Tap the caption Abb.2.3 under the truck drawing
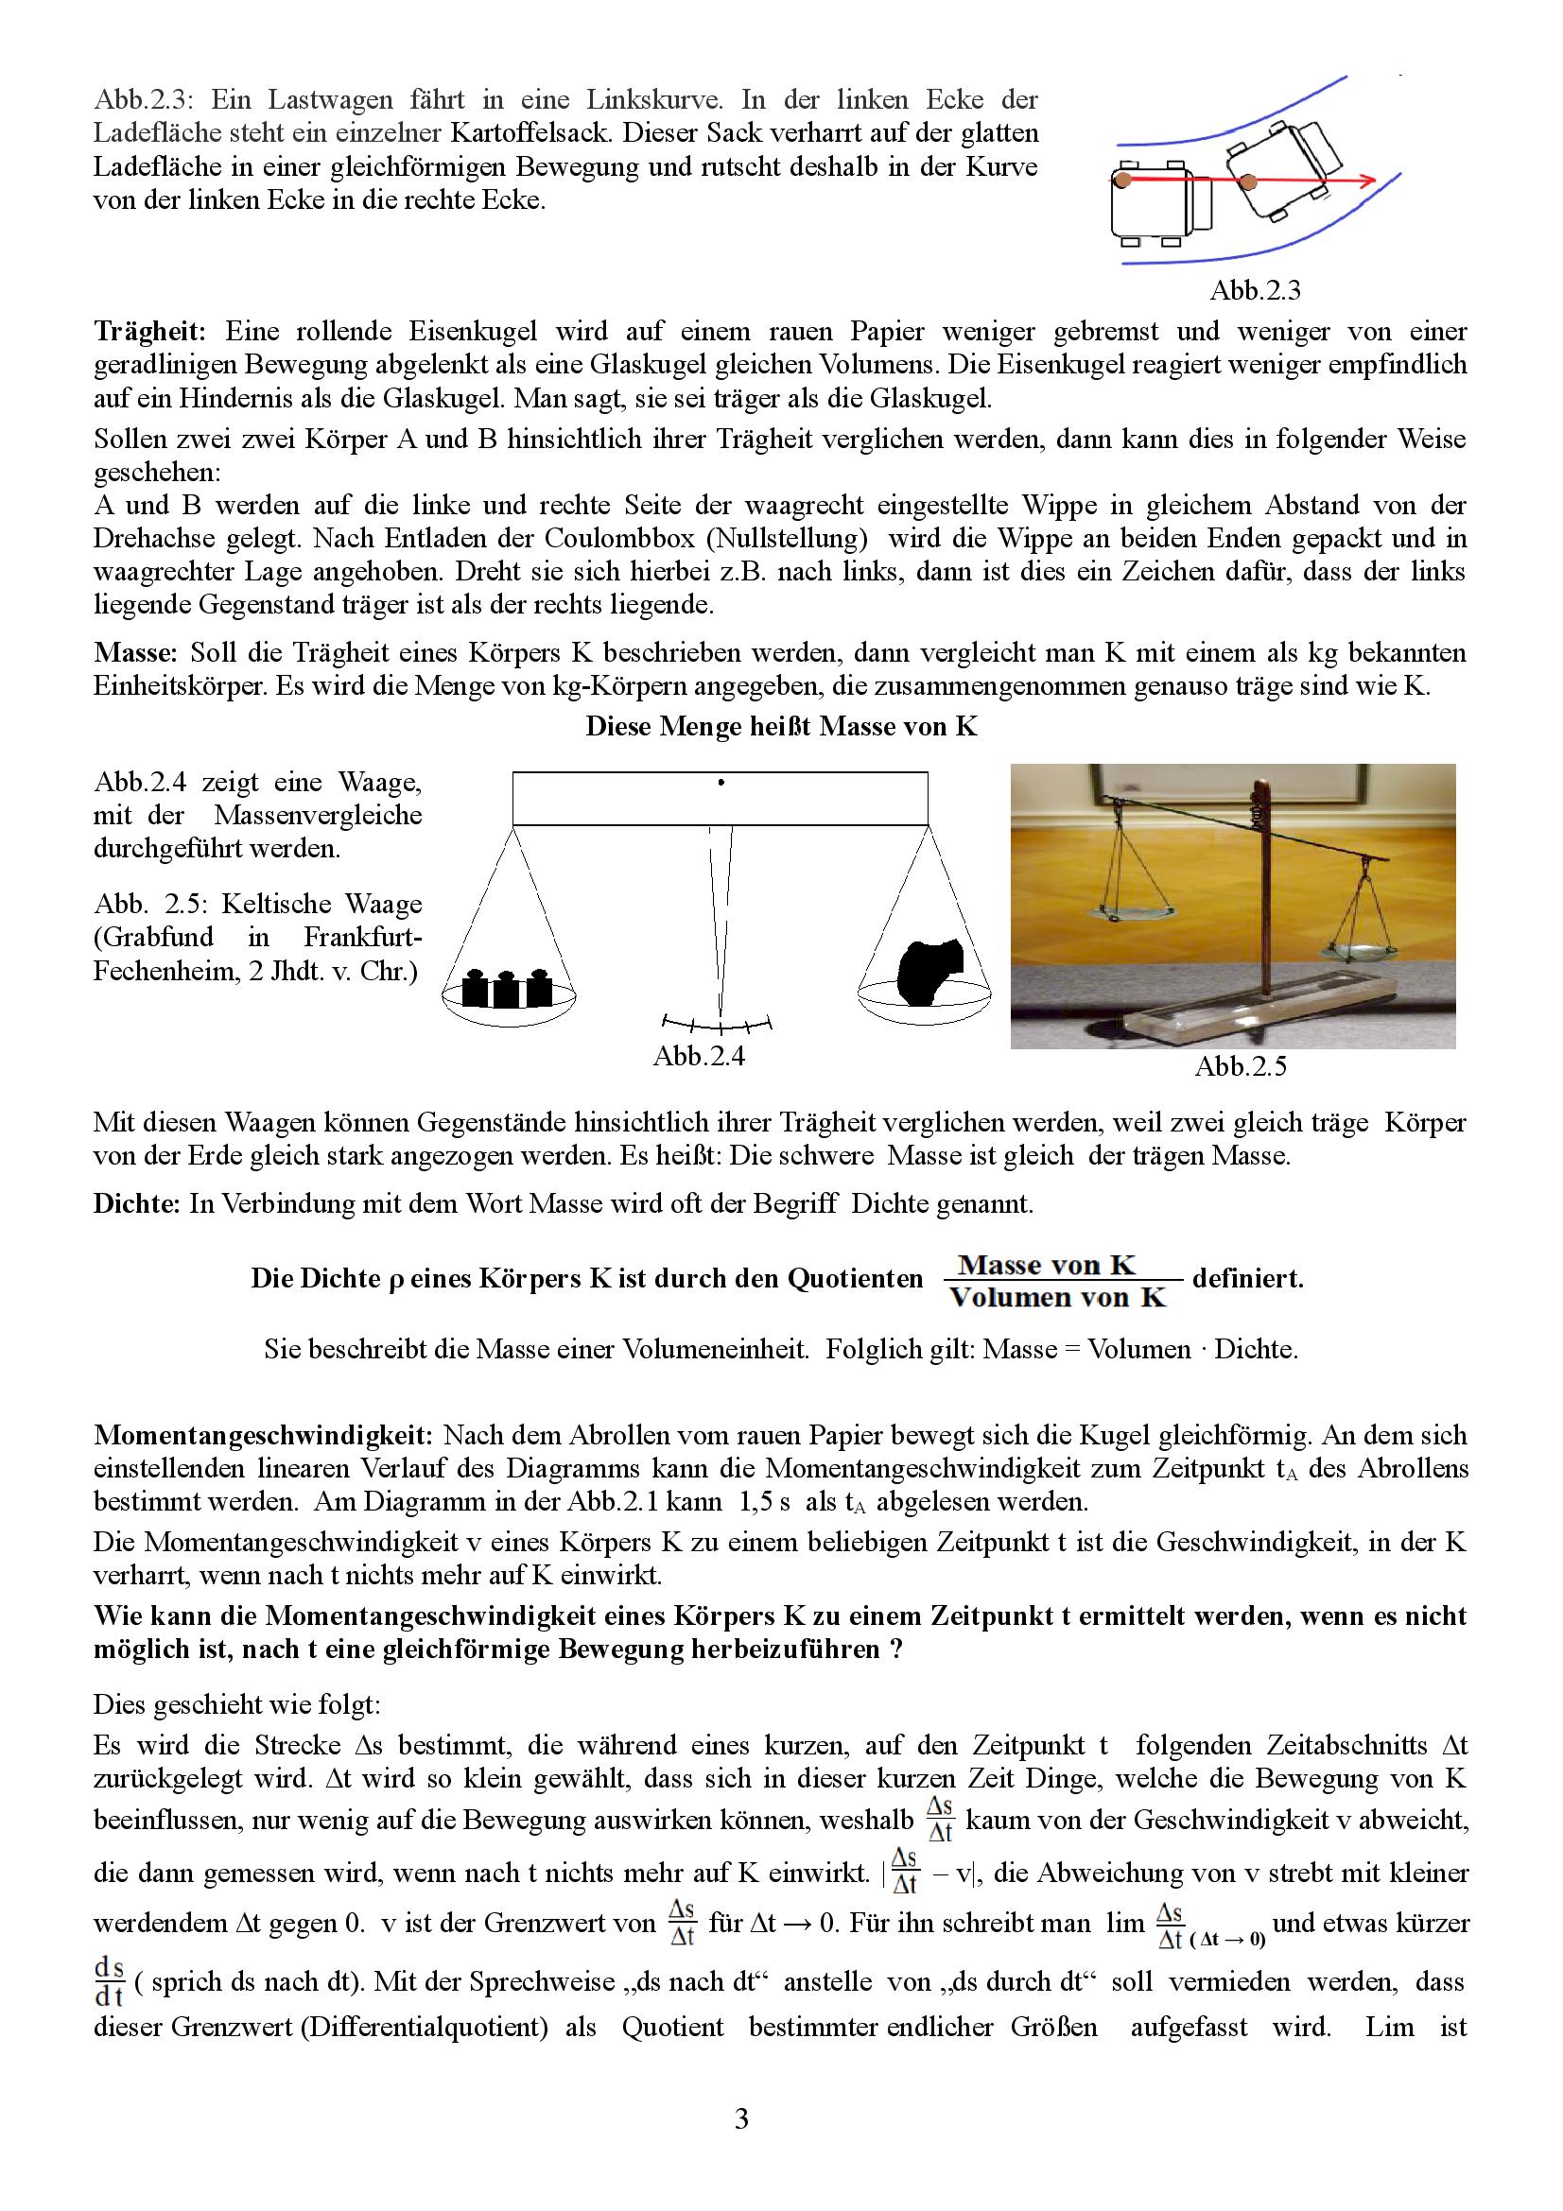click(x=1255, y=290)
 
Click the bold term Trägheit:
click(x=149, y=331)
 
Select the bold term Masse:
click(x=136, y=653)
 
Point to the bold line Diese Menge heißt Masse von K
click(x=781, y=726)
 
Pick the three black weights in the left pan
click(x=507, y=987)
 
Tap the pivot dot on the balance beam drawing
click(x=721, y=783)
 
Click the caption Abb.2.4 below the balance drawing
click(x=698, y=1057)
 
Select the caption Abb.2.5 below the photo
click(x=1241, y=1066)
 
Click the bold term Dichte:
click(x=138, y=1203)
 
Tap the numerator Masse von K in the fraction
click(x=1047, y=1265)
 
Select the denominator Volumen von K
click(x=1056, y=1297)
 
